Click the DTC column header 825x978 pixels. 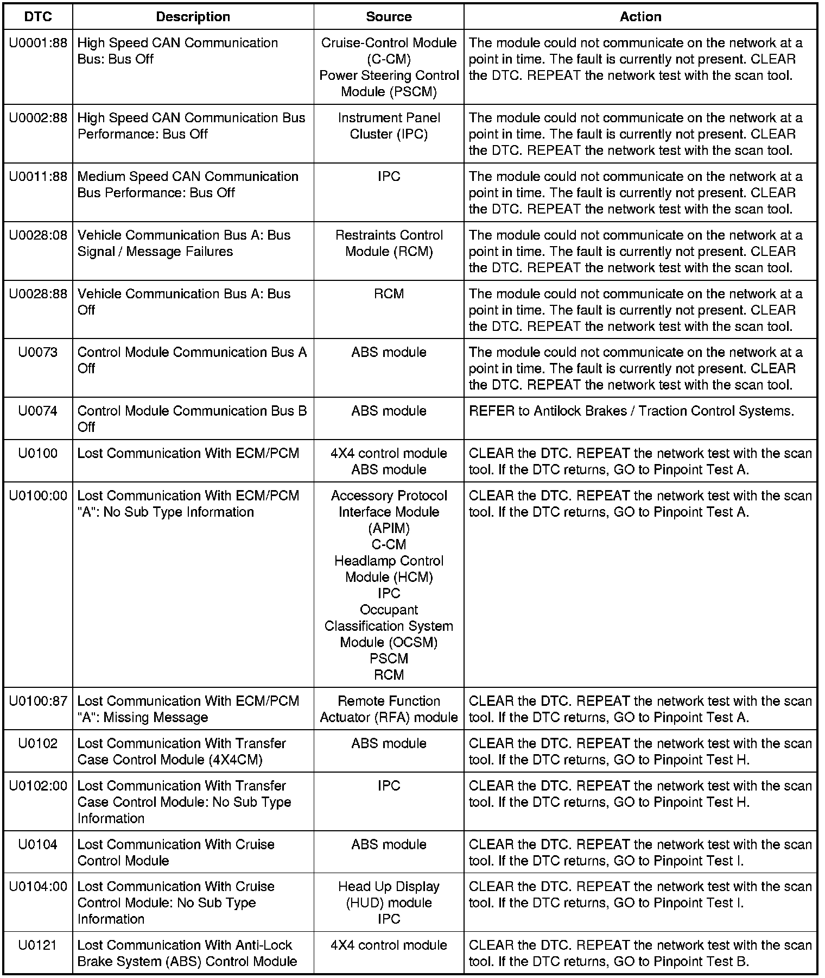[38, 17]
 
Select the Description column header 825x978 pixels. [193, 17]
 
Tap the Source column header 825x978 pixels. [389, 17]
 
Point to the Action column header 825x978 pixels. [640, 17]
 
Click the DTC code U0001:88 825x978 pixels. [38, 43]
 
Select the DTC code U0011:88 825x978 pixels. [38, 177]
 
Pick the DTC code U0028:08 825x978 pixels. [38, 235]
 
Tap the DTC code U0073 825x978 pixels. [38, 353]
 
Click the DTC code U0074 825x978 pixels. [38, 411]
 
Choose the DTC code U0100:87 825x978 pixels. [38, 701]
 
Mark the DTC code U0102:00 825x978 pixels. [38, 786]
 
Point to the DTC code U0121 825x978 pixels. [38, 946]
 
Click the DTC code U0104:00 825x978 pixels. [38, 887]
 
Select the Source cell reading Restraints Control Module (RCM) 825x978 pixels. [389, 243]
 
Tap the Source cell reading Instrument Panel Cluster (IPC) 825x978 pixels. [389, 126]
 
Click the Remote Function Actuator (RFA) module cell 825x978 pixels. [389, 710]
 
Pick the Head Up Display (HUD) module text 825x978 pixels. [389, 895]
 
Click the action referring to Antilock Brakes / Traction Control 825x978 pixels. [631, 411]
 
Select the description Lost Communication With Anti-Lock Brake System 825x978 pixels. [187, 954]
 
